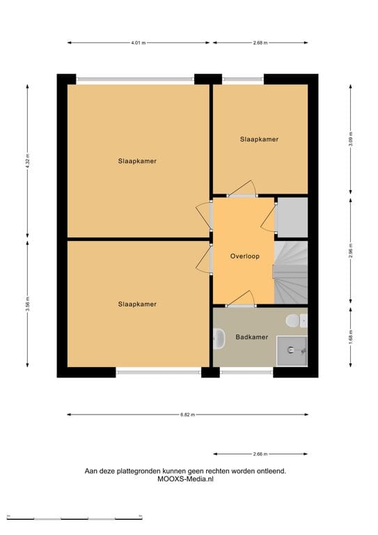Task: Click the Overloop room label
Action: click(244, 256)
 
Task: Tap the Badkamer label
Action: click(251, 337)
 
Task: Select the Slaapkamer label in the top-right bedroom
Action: click(259, 139)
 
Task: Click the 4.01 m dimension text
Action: click(138, 42)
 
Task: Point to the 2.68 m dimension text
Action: click(260, 42)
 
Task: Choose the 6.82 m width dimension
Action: click(187, 414)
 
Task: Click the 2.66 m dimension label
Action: click(260, 453)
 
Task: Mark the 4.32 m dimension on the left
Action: click(28, 160)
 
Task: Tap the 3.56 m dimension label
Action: click(28, 305)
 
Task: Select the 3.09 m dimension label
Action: click(351, 139)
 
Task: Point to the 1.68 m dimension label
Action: click(351, 337)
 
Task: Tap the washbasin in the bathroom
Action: click(219, 339)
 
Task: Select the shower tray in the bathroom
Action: click(292, 350)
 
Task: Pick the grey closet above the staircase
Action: click(292, 217)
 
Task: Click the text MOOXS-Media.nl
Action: click(185, 480)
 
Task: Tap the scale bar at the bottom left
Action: click(74, 518)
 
